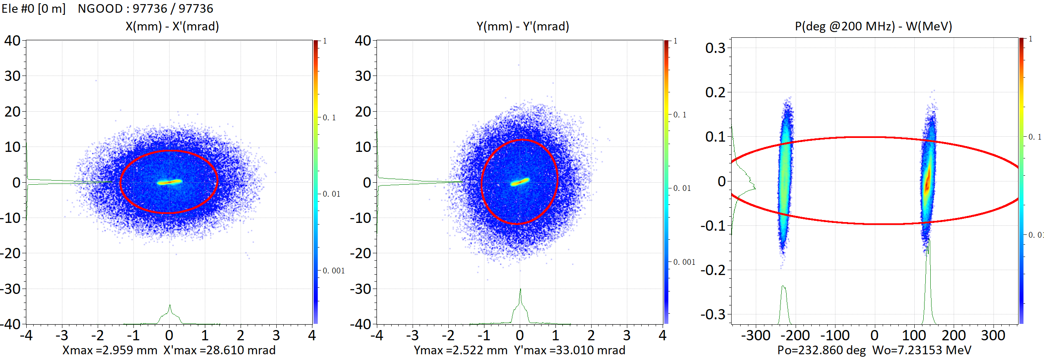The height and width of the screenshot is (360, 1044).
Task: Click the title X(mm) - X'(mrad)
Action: (172, 26)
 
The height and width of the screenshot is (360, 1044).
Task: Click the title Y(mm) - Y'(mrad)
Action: (523, 26)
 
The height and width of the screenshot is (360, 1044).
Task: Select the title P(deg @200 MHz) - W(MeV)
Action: (873, 26)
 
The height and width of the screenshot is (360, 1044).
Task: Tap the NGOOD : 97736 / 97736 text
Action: (145, 8)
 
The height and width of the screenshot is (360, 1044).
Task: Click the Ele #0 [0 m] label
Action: (33, 8)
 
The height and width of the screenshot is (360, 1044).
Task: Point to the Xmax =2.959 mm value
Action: (110, 350)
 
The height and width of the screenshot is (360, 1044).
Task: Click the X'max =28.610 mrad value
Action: (220, 350)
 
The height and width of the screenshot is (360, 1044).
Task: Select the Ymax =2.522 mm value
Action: (461, 350)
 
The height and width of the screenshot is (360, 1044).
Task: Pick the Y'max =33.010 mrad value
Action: (570, 350)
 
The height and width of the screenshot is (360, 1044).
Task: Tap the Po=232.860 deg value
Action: (821, 350)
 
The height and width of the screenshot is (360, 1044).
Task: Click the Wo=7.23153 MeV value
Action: (922, 350)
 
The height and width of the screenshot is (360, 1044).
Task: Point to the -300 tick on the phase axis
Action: (756, 335)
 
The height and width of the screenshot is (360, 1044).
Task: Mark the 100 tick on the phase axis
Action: (914, 335)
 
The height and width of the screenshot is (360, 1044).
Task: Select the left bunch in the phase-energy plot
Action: (785, 177)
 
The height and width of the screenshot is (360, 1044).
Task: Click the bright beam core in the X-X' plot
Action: (169, 182)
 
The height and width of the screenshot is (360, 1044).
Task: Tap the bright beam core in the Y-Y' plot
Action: (520, 181)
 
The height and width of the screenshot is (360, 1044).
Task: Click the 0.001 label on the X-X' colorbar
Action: (333, 271)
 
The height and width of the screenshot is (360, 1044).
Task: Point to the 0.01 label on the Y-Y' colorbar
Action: (682, 188)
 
